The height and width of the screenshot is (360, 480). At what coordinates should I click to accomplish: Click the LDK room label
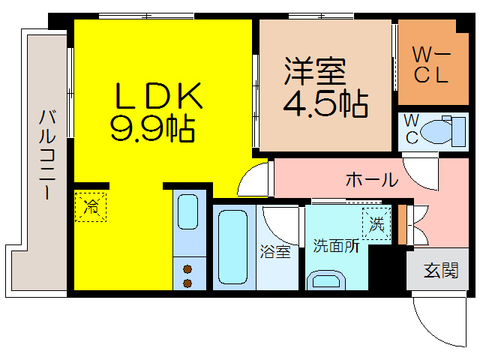tap(157, 95)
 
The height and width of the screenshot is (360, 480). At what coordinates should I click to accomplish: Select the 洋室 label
tap(314, 71)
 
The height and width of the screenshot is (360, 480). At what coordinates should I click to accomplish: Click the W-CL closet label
tap(430, 64)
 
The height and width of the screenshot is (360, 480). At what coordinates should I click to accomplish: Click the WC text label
tap(412, 129)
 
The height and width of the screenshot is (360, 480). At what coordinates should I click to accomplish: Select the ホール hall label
tap(371, 180)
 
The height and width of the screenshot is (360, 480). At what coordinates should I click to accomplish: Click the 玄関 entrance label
tap(441, 271)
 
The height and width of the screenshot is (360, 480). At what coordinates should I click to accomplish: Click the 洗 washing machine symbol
tap(376, 223)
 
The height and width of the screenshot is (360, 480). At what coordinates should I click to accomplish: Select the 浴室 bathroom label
tap(274, 252)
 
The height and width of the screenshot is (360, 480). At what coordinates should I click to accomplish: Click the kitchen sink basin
tap(189, 214)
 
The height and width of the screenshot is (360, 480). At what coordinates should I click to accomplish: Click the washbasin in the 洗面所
tap(327, 281)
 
